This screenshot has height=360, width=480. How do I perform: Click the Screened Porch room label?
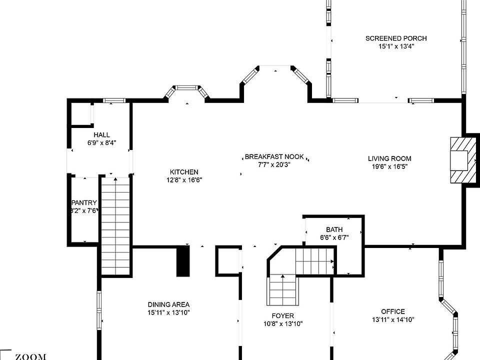(x=396, y=38)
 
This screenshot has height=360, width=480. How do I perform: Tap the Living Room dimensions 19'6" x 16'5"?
(x=389, y=167)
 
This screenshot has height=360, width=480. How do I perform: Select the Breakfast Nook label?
(x=274, y=157)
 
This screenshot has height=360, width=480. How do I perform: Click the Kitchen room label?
(x=184, y=172)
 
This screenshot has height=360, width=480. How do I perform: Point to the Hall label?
(x=101, y=135)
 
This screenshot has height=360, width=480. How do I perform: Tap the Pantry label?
(x=84, y=202)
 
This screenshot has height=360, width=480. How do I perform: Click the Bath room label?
(x=334, y=229)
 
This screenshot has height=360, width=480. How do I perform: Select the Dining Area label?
(x=168, y=304)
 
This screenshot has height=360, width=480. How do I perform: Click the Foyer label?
(x=283, y=315)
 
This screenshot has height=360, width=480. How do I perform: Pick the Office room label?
(x=393, y=311)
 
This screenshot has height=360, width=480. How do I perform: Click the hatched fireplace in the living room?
(x=460, y=160)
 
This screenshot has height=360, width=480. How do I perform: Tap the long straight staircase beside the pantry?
(x=115, y=225)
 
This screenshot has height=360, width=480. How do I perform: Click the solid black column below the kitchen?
(x=183, y=260)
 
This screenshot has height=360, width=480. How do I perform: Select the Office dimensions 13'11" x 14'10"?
(x=393, y=319)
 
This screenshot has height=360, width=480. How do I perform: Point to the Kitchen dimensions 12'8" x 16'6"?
(x=184, y=180)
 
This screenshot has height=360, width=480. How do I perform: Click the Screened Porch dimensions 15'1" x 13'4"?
(x=396, y=46)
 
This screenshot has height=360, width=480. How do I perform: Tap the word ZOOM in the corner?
(x=31, y=356)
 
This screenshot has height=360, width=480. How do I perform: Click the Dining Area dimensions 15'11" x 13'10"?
(x=168, y=312)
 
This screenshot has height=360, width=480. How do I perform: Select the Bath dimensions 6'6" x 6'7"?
(x=334, y=237)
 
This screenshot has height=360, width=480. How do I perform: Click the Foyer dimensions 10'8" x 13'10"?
(x=283, y=323)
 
